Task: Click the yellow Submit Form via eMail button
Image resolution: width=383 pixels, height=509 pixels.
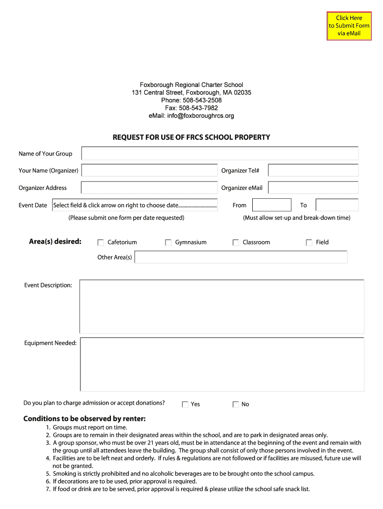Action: [x=349, y=25]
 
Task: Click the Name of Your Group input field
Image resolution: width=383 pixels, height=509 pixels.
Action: [x=220, y=154]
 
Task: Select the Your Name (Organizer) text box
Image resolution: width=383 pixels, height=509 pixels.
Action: [x=149, y=170]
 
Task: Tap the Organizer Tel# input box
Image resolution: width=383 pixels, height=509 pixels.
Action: [x=313, y=170]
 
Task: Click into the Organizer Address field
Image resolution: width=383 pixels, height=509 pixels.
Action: [x=149, y=188]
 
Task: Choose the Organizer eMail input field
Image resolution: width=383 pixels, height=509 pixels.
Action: [x=313, y=188]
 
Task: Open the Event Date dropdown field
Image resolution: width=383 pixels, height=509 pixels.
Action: [x=135, y=205]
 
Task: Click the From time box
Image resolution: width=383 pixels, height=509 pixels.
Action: [x=272, y=205]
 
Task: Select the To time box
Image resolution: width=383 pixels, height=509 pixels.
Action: [x=337, y=205]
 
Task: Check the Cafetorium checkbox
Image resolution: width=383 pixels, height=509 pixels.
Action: [x=100, y=243]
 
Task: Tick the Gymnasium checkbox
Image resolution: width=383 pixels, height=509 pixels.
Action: [x=168, y=243]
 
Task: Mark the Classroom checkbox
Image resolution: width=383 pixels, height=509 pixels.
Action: [x=236, y=243]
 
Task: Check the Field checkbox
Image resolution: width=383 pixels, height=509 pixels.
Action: [x=309, y=243]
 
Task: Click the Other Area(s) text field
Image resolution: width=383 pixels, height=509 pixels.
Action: [x=241, y=257]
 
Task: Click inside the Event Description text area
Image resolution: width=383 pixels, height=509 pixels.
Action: [x=221, y=306]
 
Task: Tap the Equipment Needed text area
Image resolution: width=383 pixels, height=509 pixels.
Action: [x=221, y=364]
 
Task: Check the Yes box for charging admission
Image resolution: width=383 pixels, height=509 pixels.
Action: [x=186, y=405]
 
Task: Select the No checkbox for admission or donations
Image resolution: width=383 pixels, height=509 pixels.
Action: [x=236, y=405]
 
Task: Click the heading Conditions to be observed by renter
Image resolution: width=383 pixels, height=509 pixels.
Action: [x=85, y=419]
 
